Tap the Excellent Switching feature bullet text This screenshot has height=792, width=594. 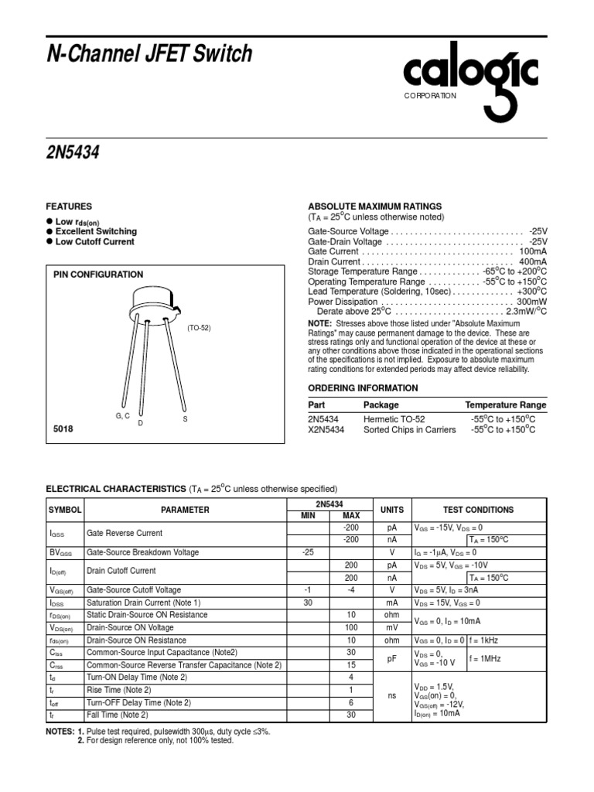tap(96, 231)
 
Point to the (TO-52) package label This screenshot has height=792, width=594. tap(199, 328)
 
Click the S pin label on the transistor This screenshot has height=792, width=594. tap(185, 418)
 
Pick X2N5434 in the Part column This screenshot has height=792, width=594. tap(326, 429)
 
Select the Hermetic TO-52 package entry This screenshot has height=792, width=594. tap(394, 418)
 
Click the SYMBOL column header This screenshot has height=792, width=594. tap(64, 510)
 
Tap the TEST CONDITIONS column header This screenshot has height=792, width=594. tap(478, 510)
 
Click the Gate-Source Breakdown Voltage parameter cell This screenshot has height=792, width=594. tap(143, 552)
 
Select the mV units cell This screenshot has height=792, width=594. tap(392, 627)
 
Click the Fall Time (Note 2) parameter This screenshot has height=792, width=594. tap(118, 715)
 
